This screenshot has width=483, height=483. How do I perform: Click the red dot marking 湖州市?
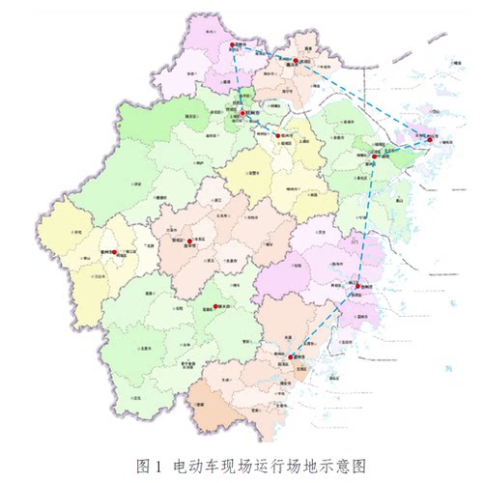point(234,45)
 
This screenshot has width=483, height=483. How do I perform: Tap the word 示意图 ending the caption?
point(345,465)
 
